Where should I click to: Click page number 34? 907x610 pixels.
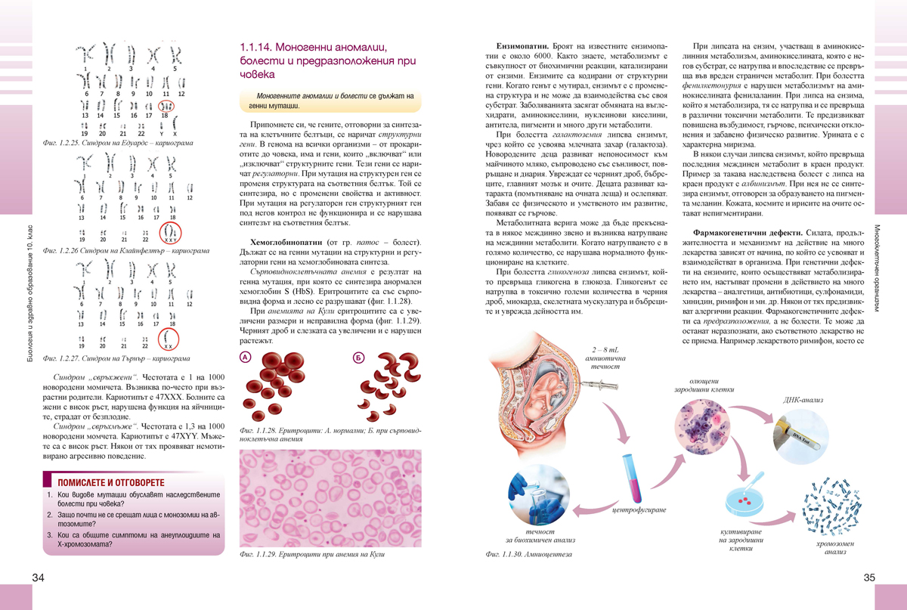tap(39, 578)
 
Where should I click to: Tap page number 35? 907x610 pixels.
tap(868, 578)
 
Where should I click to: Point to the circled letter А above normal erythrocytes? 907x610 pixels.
tap(245, 357)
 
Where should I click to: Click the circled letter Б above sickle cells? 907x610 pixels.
tap(358, 357)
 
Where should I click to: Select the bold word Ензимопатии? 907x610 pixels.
tap(518, 37)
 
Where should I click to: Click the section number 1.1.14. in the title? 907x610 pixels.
tap(255, 47)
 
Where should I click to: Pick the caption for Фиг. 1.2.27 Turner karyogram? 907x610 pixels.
tap(116, 358)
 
